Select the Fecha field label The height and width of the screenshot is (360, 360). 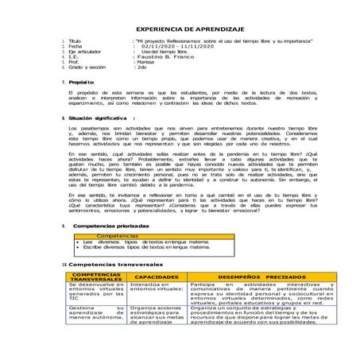[75, 47]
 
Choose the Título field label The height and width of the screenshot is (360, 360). [75, 41]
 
